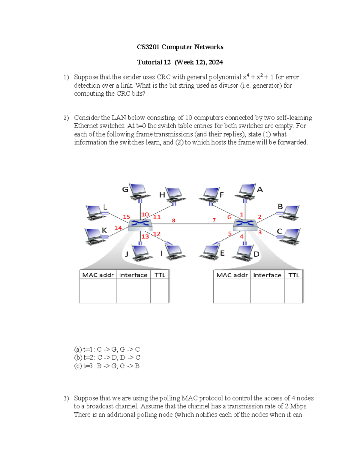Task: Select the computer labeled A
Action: [247, 191]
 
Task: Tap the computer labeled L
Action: [95, 212]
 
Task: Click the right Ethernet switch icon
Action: [245, 224]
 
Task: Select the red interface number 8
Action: [173, 221]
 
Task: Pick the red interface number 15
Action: [126, 217]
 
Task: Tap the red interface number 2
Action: [259, 217]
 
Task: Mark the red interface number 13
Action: [145, 236]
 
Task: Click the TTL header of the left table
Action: [160, 275]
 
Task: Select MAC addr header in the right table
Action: [232, 275]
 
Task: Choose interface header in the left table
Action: [133, 275]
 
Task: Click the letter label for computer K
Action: [104, 230]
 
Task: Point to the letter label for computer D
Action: [256, 254]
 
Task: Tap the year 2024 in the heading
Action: [216, 62]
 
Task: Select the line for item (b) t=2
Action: [107, 357]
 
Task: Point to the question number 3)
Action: [66, 398]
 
